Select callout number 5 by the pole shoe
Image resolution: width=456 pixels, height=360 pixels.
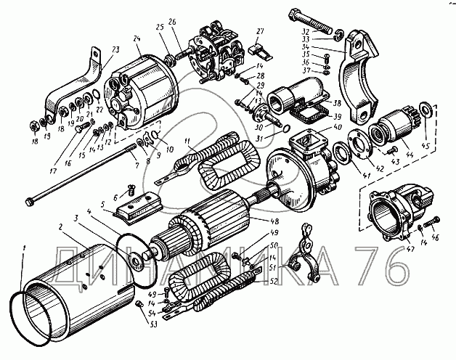point(103,205)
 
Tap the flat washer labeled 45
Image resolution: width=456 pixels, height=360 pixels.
point(428,112)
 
